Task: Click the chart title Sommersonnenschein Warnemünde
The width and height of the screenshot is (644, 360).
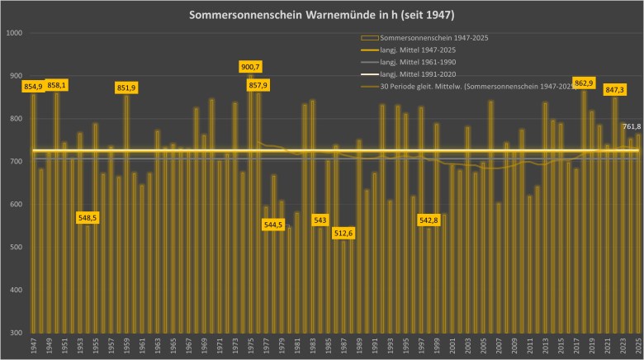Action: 321,16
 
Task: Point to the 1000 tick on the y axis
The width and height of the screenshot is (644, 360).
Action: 15,33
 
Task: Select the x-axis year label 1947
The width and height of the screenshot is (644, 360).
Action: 34,347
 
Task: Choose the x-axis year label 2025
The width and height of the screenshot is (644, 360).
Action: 638,347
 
